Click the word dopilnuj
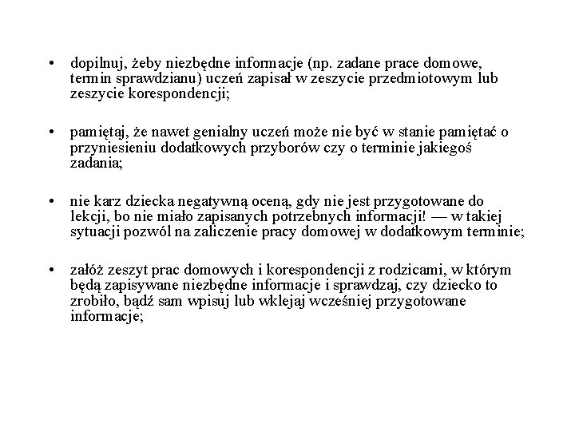[x=93, y=62]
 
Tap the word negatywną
[x=201, y=201]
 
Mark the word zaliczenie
[x=227, y=231]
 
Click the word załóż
[x=88, y=271]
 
